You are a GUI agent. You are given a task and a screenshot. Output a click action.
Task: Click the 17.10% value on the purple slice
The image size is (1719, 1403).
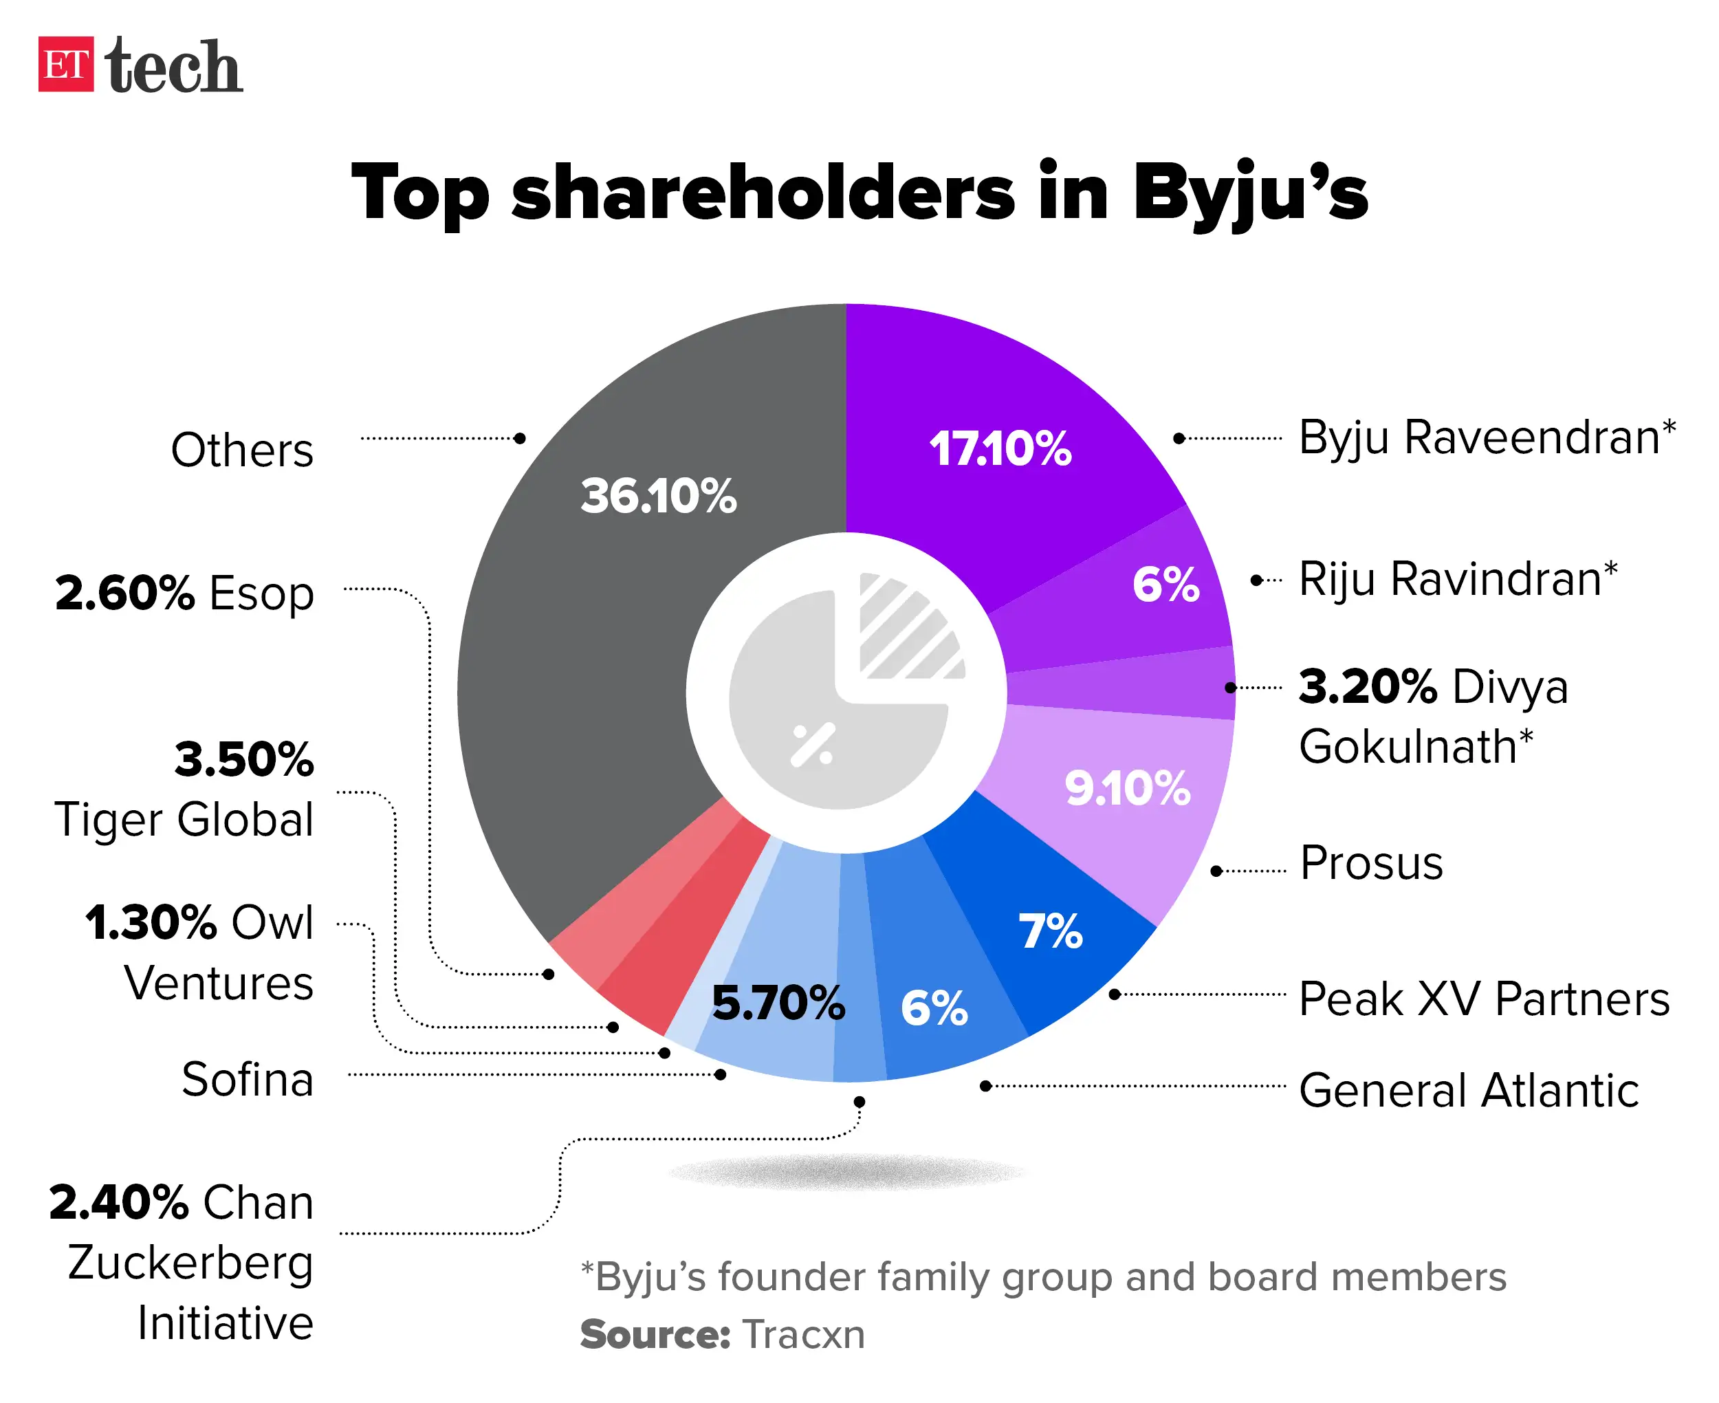point(999,448)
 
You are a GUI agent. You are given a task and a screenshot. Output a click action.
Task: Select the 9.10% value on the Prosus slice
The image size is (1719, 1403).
point(1127,788)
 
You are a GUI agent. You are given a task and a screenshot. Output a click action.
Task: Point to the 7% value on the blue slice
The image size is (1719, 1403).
point(1049,931)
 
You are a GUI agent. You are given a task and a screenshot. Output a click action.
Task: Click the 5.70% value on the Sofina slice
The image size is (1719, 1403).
point(778,1003)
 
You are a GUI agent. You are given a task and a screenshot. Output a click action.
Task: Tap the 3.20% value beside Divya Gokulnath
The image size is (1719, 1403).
point(1367,688)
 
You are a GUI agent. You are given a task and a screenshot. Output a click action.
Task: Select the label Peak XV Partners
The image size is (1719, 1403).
point(1483,999)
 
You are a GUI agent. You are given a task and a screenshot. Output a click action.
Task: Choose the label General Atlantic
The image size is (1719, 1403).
point(1468,1090)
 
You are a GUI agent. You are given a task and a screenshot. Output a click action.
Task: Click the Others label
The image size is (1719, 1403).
point(241,450)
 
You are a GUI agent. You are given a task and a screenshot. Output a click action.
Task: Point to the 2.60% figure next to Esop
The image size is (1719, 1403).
point(124,594)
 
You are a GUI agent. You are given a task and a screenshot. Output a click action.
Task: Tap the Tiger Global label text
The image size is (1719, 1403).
point(184,820)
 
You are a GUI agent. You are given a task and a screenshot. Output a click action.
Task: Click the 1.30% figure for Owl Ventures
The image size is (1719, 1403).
point(151,922)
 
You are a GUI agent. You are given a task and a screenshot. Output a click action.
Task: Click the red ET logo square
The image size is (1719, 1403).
point(65,65)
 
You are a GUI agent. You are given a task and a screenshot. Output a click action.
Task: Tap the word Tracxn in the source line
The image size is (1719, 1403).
point(803,1334)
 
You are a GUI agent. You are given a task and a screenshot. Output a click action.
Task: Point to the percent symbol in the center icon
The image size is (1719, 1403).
point(812,745)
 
